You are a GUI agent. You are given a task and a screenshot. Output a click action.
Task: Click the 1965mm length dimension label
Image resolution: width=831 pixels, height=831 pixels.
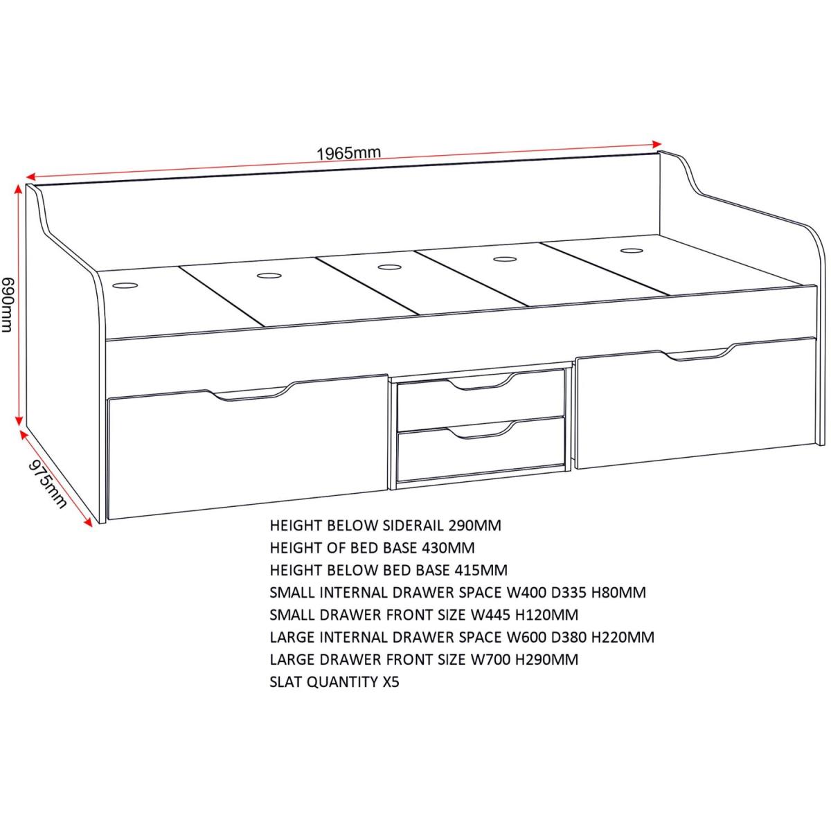pyautogui.click(x=349, y=153)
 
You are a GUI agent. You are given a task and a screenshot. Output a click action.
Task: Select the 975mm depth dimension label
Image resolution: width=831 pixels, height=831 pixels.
pyautogui.click(x=48, y=484)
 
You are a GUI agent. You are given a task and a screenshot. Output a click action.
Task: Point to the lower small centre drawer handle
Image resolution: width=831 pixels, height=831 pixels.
pyautogui.click(x=479, y=429)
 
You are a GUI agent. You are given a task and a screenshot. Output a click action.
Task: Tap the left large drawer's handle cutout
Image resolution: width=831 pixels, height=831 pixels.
pyautogui.click(x=247, y=393)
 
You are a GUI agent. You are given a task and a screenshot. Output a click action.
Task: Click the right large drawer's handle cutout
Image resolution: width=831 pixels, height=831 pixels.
pyautogui.click(x=698, y=352)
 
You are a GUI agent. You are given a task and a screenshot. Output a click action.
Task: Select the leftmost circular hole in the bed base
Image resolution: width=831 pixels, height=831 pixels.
pyautogui.click(x=125, y=285)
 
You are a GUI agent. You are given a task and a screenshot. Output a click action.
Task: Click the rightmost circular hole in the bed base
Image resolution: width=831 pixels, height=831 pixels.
pyautogui.click(x=632, y=251)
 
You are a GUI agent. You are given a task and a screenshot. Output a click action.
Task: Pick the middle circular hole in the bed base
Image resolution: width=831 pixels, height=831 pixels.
pyautogui.click(x=389, y=267)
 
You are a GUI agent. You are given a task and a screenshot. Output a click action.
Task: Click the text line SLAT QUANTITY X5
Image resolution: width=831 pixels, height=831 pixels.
pyautogui.click(x=334, y=682)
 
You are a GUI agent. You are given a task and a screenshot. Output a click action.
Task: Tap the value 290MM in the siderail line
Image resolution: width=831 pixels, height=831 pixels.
pyautogui.click(x=474, y=525)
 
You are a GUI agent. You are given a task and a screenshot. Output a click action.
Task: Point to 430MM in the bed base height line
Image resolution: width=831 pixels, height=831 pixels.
pyautogui.click(x=448, y=548)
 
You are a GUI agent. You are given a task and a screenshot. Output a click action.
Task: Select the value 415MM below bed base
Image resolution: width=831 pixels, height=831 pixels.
pyautogui.click(x=481, y=570)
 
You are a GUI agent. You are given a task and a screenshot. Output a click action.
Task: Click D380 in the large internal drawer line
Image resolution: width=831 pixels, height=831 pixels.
pyautogui.click(x=570, y=637)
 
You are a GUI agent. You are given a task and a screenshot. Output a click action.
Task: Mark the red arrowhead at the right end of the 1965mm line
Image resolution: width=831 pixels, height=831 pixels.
pyautogui.click(x=656, y=143)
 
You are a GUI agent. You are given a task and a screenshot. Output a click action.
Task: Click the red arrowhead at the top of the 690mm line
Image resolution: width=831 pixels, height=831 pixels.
pyautogui.click(x=18, y=189)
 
